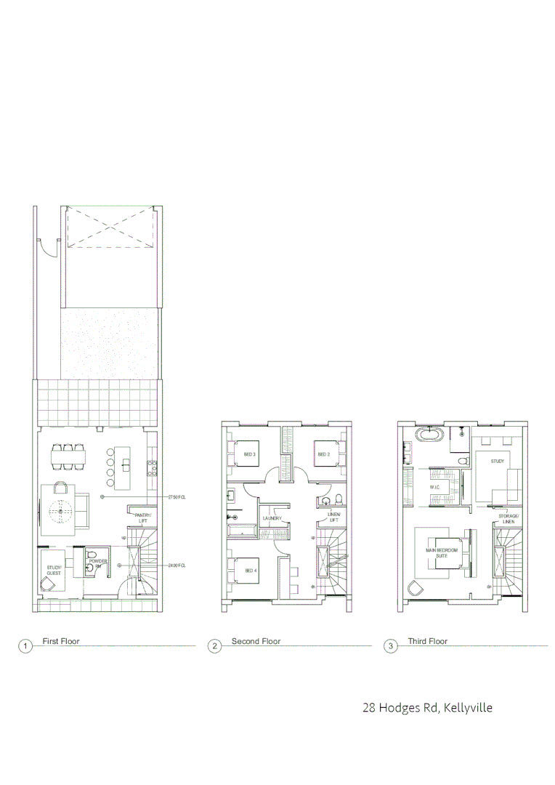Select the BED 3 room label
[x=249, y=454]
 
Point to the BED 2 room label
[x=324, y=454]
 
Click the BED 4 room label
[x=251, y=570]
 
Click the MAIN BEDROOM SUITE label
[x=442, y=553]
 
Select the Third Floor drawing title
[x=427, y=642]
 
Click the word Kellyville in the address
[x=468, y=707]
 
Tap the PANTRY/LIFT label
[x=143, y=518]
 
